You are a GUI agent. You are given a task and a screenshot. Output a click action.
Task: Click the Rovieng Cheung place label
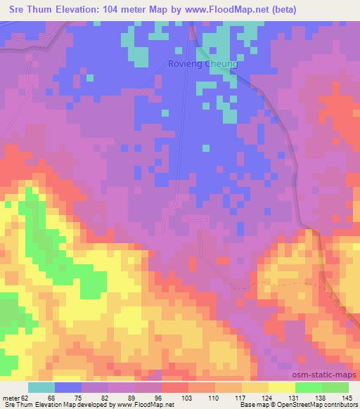pyautogui.click(x=203, y=64)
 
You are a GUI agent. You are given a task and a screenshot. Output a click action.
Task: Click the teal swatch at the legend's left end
pyautogui.click(x=41, y=387)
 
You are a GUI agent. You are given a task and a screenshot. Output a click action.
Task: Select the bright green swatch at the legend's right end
pyautogui.click(x=335, y=387)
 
